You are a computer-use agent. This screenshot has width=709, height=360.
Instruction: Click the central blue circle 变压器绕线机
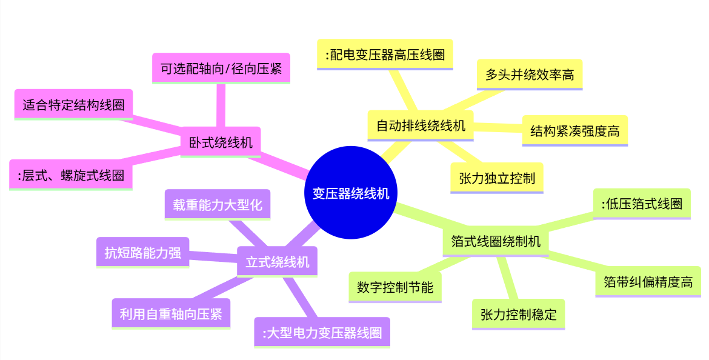[x=350, y=193]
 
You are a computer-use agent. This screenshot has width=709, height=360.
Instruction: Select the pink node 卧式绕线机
[x=221, y=143]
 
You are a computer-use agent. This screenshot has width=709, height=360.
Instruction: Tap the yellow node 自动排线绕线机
[x=421, y=126]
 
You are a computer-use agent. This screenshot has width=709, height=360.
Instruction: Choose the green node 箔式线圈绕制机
[x=496, y=241]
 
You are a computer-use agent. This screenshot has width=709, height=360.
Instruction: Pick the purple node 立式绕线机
[x=277, y=262]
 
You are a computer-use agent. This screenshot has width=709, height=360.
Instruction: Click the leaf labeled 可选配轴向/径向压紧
[x=221, y=68]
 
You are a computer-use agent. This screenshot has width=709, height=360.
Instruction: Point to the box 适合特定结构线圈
[x=73, y=105]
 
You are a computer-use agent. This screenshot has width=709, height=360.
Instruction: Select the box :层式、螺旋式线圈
[x=71, y=175]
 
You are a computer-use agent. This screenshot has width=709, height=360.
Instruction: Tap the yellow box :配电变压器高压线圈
[x=385, y=55]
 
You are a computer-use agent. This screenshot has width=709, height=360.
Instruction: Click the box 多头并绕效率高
[x=530, y=75]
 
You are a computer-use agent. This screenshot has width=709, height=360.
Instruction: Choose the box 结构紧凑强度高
[x=574, y=130]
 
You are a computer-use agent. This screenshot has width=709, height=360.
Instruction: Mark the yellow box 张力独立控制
[x=497, y=178]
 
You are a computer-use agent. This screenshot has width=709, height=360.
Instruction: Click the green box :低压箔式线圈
[x=642, y=204]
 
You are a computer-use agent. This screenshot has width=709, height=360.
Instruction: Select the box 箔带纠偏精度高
[x=648, y=282]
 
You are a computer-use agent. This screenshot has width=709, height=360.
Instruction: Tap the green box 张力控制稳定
[x=518, y=315]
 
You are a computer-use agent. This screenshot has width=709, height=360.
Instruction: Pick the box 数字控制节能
[x=395, y=287]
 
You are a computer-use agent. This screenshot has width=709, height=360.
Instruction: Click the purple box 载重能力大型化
[x=217, y=204]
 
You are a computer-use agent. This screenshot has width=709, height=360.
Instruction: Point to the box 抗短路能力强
[x=142, y=252]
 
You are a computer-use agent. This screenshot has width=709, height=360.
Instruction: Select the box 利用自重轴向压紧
[x=171, y=314]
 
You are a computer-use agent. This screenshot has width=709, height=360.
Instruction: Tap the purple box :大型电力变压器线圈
[x=322, y=333]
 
